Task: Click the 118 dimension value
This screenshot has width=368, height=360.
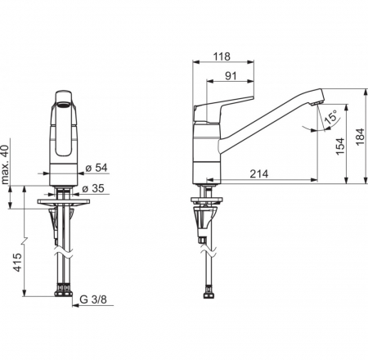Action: (222, 56)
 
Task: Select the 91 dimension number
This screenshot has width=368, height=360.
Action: (231, 76)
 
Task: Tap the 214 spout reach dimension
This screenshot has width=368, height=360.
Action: (259, 173)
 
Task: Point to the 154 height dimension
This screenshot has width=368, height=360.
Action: (340, 146)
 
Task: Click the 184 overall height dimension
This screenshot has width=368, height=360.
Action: (360, 137)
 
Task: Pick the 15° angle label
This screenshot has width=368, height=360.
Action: (330, 118)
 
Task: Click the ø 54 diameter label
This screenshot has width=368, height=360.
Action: (96, 168)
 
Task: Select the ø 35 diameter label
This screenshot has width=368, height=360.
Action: (93, 188)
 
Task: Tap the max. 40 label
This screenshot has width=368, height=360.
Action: (5, 164)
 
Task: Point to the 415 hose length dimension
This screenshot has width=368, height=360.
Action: (17, 262)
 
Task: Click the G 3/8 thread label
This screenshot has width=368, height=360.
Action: (93, 299)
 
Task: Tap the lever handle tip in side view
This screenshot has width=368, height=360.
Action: (252, 97)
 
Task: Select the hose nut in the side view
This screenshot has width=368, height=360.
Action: (209, 294)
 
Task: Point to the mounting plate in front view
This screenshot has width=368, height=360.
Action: (64, 202)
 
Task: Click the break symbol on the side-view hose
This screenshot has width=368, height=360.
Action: (209, 251)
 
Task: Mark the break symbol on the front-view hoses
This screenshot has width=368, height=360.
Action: (63, 252)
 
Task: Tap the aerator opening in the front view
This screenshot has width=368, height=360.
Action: (64, 104)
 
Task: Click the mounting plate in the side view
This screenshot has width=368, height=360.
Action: (206, 200)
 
